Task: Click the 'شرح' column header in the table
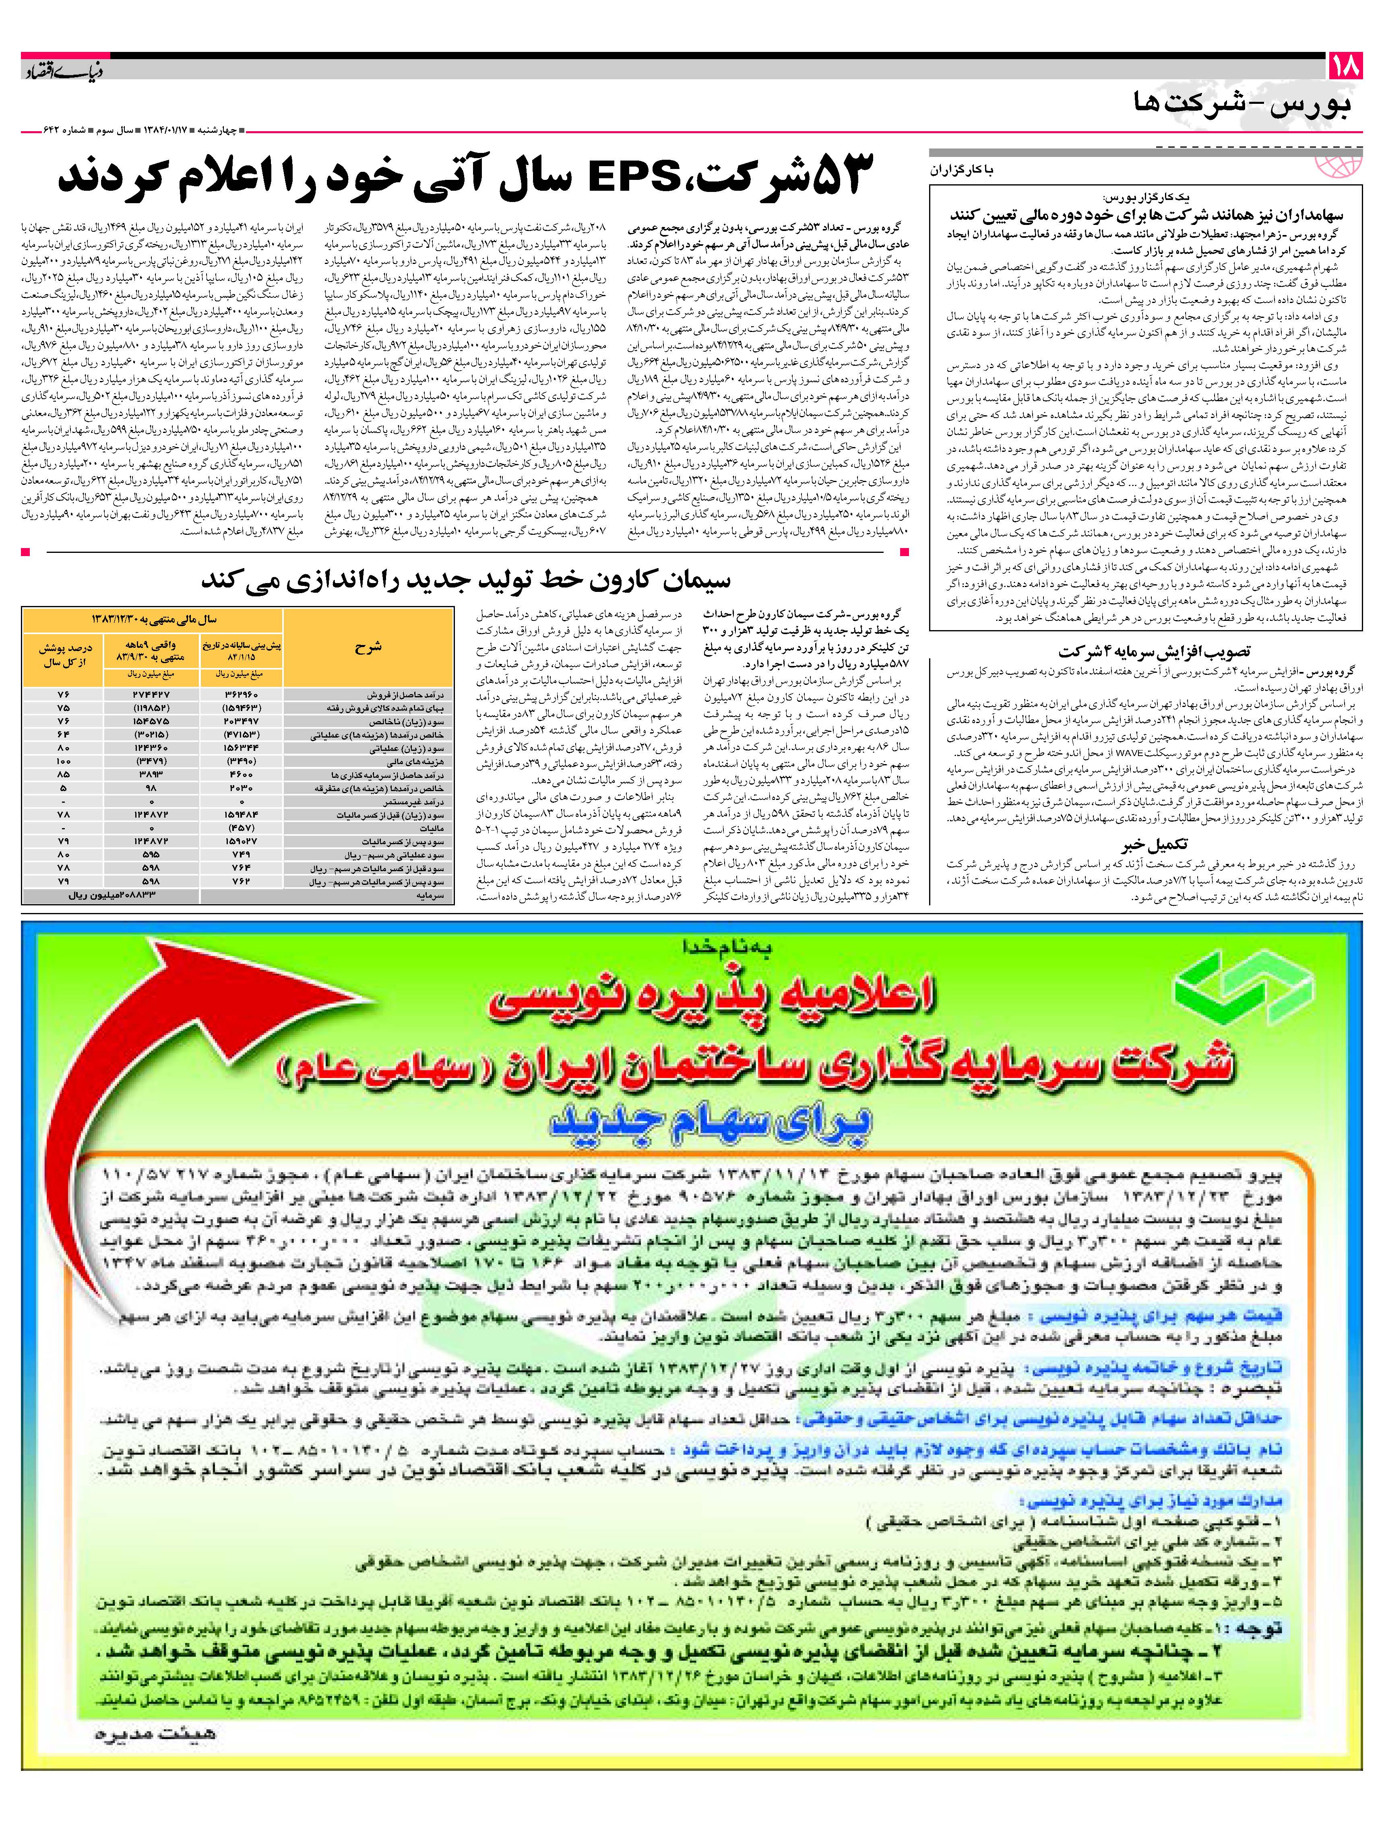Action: tap(368, 647)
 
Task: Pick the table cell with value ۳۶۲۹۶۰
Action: tap(241, 695)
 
